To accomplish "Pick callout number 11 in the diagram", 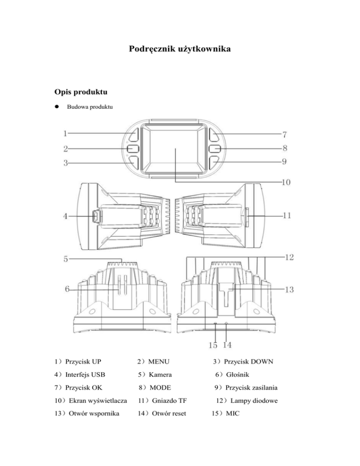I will point(287,216).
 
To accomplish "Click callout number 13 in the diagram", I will point(288,289).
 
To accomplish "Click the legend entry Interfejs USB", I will point(85,375).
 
